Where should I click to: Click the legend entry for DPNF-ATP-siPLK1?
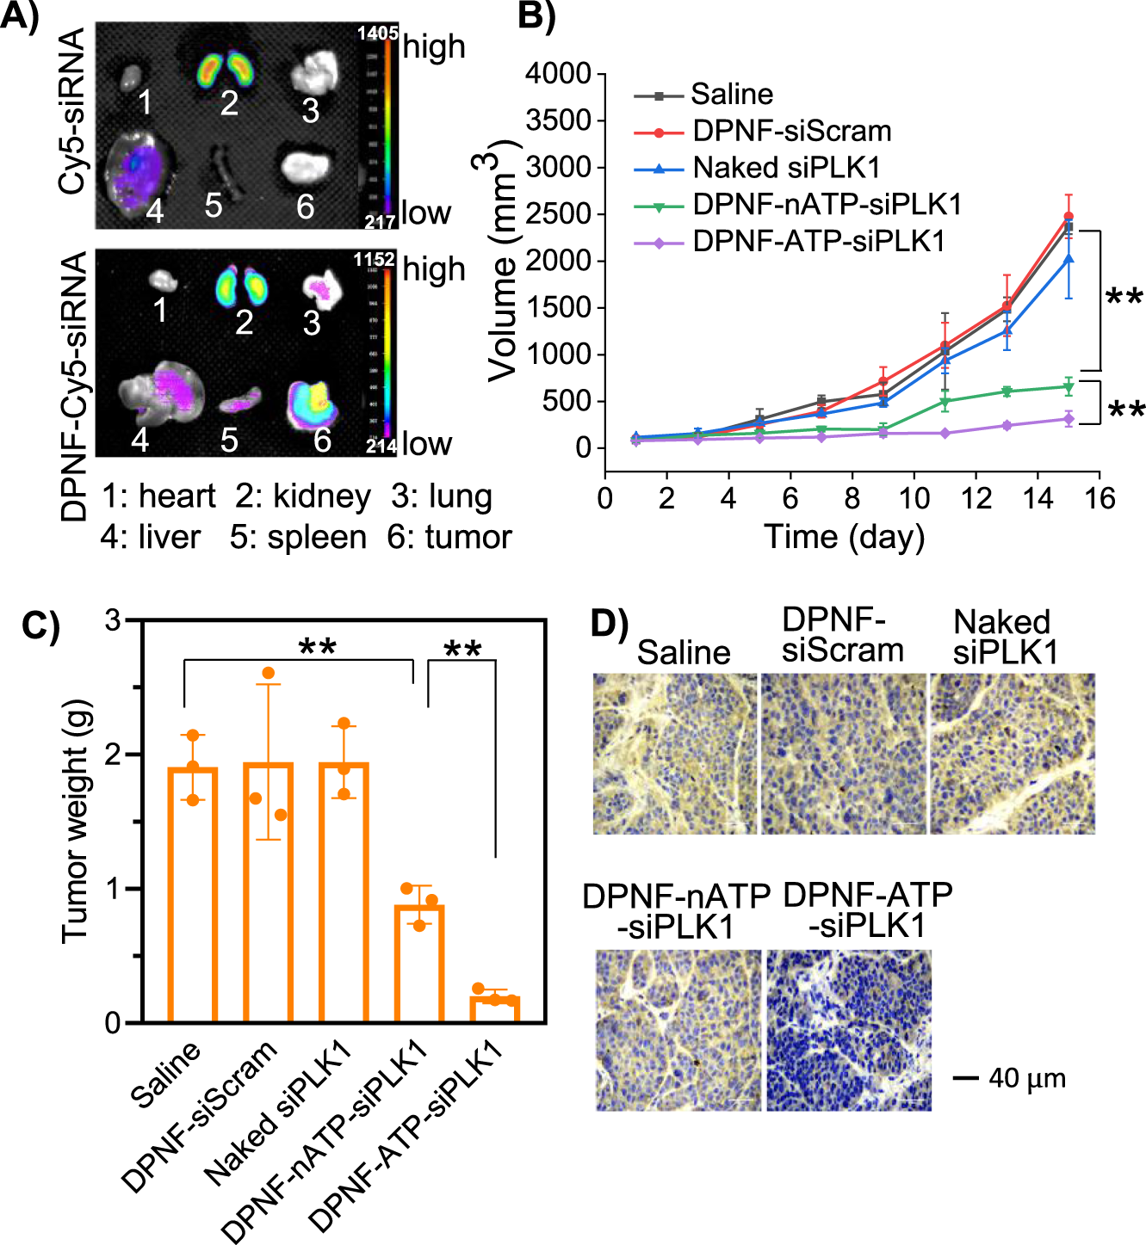[818, 242]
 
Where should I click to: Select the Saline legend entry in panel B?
[731, 94]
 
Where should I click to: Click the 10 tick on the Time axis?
[914, 498]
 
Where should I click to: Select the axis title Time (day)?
[844, 537]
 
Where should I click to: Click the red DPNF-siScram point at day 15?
[1069, 217]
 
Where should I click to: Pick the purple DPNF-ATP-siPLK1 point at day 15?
[1069, 419]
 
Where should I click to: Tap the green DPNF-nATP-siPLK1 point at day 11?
[945, 402]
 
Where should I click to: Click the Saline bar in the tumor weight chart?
[192, 895]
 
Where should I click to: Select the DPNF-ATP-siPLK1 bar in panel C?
[495, 1008]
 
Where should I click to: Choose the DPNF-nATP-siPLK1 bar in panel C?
[419, 964]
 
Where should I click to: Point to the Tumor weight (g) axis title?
[76, 822]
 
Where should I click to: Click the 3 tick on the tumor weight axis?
[113, 619]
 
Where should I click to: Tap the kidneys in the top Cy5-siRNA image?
[229, 70]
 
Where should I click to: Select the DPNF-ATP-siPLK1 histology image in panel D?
[849, 1030]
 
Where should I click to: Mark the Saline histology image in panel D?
[674, 754]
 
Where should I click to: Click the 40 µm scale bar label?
[1026, 1078]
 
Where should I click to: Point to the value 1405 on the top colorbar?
[377, 34]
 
